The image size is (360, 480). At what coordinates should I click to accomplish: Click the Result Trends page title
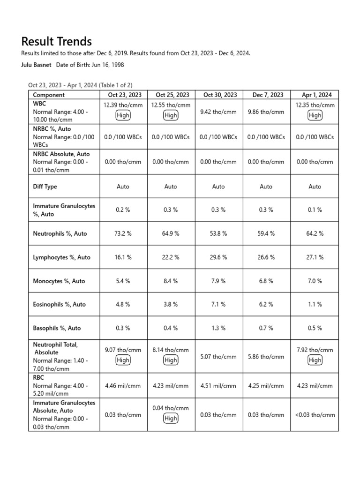pyautogui.click(x=57, y=41)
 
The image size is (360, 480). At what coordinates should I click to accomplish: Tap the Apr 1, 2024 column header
pyautogui.click(x=315, y=95)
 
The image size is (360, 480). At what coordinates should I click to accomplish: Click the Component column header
pyautogui.click(x=49, y=95)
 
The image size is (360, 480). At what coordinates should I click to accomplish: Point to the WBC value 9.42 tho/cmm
pyautogui.click(x=218, y=112)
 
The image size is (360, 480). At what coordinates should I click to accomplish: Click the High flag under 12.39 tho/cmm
pyautogui.click(x=123, y=115)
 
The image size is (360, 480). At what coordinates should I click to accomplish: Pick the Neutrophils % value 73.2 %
pyautogui.click(x=123, y=233)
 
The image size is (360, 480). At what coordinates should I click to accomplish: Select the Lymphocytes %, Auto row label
pyautogui.click(x=61, y=257)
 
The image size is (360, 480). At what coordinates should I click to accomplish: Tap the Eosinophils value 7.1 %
pyautogui.click(x=218, y=304)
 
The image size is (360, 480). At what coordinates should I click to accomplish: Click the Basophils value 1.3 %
pyautogui.click(x=218, y=328)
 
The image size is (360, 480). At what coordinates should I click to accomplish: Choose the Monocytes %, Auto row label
pyautogui.click(x=59, y=281)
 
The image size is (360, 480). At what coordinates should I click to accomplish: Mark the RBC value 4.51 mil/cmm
pyautogui.click(x=218, y=386)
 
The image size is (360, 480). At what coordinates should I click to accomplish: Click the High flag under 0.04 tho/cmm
pyautogui.click(x=171, y=418)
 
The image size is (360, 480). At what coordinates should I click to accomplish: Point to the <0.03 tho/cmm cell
pyautogui.click(x=315, y=415)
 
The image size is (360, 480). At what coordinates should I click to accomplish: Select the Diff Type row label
pyautogui.click(x=45, y=187)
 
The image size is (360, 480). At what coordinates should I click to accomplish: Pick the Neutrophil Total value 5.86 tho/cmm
pyautogui.click(x=266, y=357)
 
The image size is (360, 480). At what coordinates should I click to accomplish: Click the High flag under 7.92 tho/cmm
pyautogui.click(x=315, y=360)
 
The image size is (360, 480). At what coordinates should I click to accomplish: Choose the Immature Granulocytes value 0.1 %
pyautogui.click(x=315, y=210)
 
